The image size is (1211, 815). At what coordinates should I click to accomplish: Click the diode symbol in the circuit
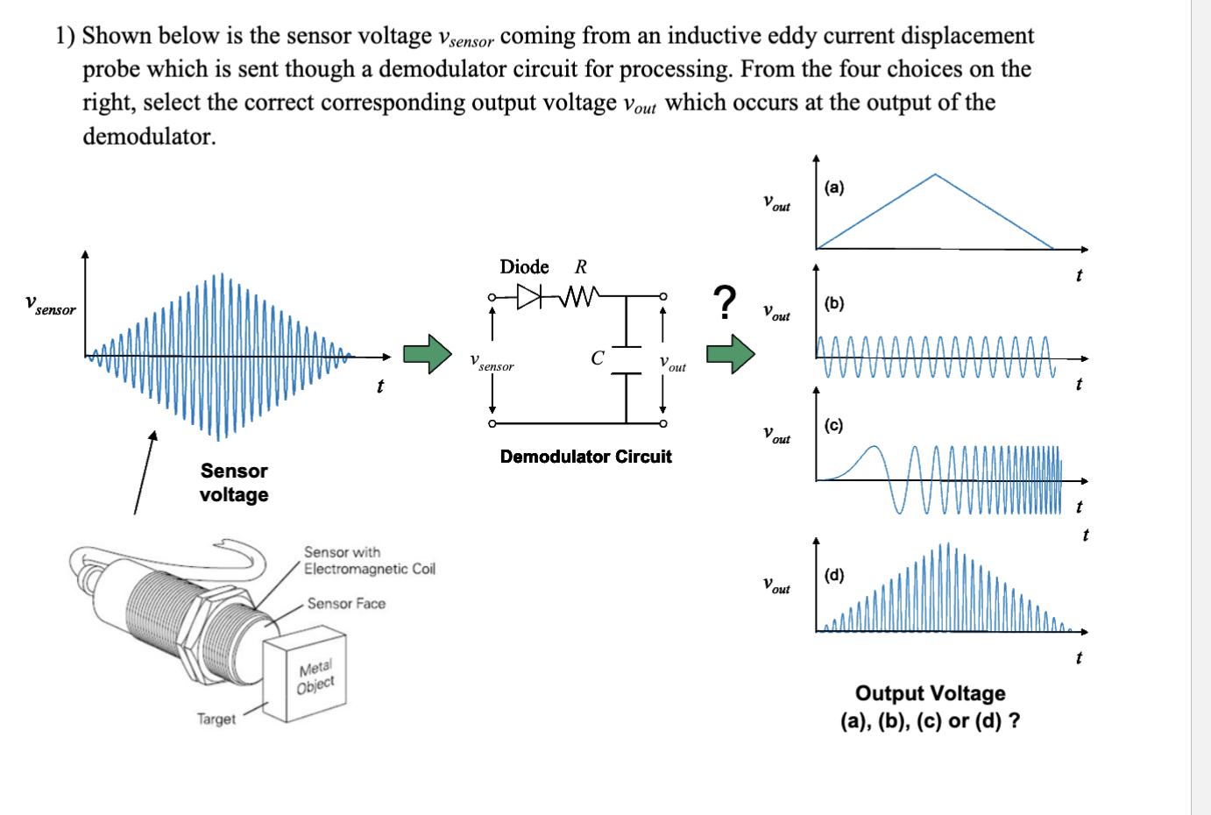click(529, 297)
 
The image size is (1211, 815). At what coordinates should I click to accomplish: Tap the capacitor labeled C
click(626, 359)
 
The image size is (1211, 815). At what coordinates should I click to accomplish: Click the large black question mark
click(723, 302)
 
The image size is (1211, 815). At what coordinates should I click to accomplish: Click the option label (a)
click(834, 188)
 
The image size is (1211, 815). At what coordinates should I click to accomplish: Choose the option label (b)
click(834, 303)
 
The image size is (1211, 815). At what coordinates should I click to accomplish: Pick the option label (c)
click(833, 425)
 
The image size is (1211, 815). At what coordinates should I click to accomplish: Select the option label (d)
click(834, 575)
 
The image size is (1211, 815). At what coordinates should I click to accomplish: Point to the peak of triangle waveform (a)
click(935, 175)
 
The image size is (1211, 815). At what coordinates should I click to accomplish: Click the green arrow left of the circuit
click(427, 354)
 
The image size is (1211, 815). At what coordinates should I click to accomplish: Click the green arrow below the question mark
click(730, 354)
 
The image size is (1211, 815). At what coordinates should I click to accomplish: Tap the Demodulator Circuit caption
click(585, 457)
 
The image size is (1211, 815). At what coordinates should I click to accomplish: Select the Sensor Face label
click(346, 604)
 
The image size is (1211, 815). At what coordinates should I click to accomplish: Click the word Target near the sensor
click(216, 719)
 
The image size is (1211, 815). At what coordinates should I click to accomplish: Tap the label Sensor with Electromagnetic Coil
click(369, 561)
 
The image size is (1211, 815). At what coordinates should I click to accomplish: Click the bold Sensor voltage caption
click(234, 483)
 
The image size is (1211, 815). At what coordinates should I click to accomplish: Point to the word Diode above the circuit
click(524, 267)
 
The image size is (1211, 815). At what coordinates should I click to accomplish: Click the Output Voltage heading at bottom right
click(930, 693)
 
